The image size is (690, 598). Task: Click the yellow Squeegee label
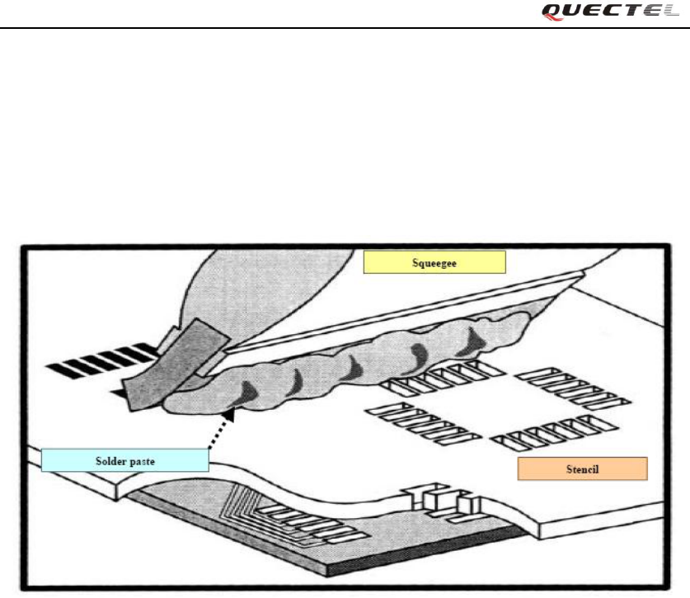point(434,262)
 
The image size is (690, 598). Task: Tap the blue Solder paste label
point(124,459)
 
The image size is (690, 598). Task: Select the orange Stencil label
point(583,469)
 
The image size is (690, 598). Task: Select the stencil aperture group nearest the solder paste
point(433,375)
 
